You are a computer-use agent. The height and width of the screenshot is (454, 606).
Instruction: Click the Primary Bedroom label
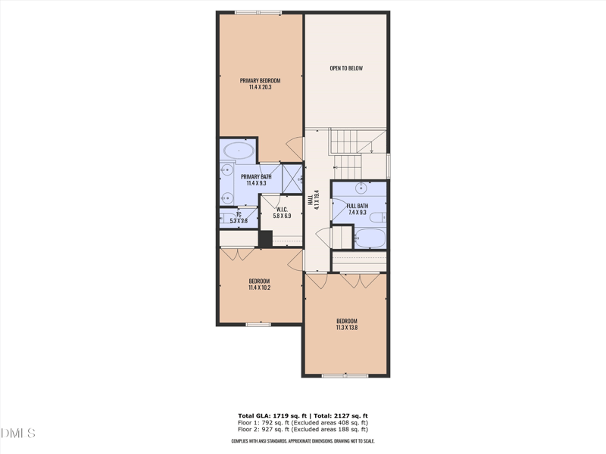click(x=260, y=81)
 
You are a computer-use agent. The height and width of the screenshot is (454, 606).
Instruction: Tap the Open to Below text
click(x=346, y=69)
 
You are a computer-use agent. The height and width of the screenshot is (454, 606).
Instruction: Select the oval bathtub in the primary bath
click(x=238, y=151)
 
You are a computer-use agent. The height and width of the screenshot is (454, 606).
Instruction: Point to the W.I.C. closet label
click(x=281, y=210)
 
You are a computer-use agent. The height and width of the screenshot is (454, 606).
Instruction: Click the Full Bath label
click(x=358, y=206)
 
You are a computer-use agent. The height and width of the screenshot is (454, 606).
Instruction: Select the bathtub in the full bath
click(x=370, y=238)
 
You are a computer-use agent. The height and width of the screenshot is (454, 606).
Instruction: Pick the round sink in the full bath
click(x=361, y=187)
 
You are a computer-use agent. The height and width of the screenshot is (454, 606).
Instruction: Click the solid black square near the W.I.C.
click(x=265, y=238)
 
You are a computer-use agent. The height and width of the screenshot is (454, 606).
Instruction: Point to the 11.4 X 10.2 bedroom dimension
click(x=260, y=288)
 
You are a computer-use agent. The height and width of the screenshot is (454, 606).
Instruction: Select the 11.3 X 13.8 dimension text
click(x=346, y=327)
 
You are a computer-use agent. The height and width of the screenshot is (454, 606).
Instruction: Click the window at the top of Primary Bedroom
click(x=258, y=12)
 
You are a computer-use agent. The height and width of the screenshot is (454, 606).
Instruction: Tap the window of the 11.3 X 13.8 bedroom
click(x=345, y=375)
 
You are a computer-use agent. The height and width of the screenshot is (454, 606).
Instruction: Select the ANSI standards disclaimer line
click(x=303, y=440)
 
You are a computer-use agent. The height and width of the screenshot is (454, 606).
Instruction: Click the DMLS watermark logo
click(x=18, y=434)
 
